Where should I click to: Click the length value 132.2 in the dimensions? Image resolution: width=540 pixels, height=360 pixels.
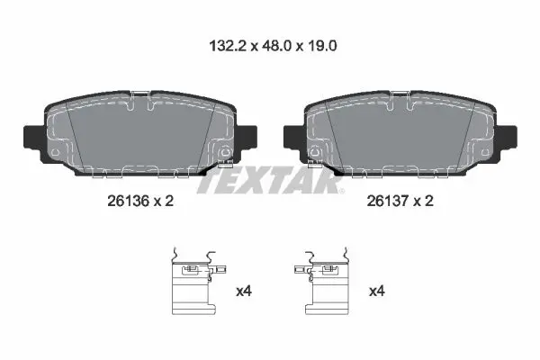(x=228, y=46)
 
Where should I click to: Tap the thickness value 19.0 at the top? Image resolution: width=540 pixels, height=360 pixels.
(x=322, y=46)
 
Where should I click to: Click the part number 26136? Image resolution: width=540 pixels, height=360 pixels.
(x=128, y=201)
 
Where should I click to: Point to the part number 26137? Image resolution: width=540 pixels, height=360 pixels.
(x=387, y=201)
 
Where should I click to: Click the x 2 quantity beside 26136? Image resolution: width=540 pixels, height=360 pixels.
(x=163, y=201)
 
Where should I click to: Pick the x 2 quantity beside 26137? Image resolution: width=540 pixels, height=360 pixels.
(x=423, y=201)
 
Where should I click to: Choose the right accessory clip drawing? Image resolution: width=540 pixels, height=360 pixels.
(x=322, y=281)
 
